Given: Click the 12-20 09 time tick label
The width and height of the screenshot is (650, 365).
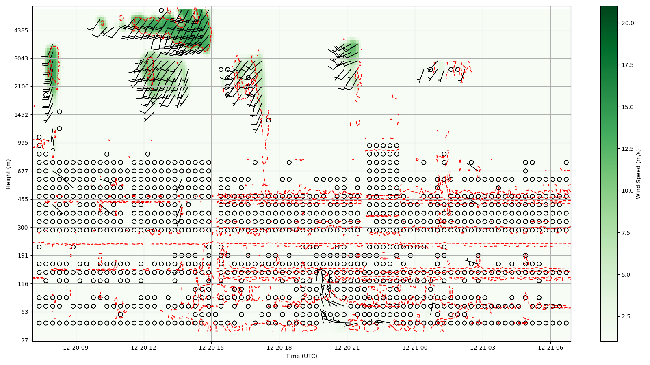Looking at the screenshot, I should (x=76, y=348).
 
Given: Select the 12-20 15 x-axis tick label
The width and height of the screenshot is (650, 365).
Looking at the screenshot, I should (x=211, y=348).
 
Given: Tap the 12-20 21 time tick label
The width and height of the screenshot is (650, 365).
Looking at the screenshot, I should (x=347, y=348).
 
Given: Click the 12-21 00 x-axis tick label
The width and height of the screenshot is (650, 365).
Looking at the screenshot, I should (x=415, y=348).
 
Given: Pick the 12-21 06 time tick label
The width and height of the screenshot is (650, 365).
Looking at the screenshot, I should (x=550, y=348).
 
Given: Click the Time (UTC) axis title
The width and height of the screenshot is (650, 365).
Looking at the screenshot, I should (x=301, y=356).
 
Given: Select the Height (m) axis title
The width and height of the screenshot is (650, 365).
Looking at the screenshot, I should (x=8, y=174).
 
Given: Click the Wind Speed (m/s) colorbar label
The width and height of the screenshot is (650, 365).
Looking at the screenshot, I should (x=638, y=174).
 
